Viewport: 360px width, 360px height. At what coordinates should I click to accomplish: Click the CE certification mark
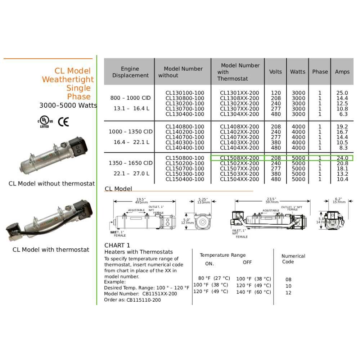[x=63, y=122]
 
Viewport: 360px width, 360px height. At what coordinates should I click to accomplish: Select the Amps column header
[x=342, y=72]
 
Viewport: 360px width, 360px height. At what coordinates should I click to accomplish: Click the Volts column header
[x=275, y=72]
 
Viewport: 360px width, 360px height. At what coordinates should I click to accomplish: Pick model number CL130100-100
[x=185, y=93]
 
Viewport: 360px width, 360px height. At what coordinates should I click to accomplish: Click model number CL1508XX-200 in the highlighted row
[x=239, y=158]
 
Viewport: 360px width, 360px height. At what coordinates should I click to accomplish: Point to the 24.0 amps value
[x=342, y=158]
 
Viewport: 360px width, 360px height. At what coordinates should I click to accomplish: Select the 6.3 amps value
[x=343, y=114]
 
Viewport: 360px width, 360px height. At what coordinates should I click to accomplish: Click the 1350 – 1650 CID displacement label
[x=131, y=163]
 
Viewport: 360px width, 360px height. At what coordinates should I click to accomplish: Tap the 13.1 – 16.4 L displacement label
[x=131, y=108]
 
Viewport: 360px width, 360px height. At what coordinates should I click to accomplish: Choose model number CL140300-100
[x=185, y=143]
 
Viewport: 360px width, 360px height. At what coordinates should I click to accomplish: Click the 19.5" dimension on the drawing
[x=141, y=199]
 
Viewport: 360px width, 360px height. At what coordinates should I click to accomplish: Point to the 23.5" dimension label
[x=271, y=199]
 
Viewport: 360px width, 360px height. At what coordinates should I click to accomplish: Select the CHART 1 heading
[x=117, y=246]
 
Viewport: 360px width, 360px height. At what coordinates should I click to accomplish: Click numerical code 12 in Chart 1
[x=288, y=293]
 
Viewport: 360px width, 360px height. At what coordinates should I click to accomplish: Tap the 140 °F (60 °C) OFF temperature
[x=253, y=292]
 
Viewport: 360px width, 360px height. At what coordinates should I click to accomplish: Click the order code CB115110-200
[x=144, y=300]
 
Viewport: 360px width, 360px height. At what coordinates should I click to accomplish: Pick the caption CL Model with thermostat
[x=51, y=249]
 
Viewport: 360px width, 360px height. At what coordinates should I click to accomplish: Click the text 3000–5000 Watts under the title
[x=68, y=105]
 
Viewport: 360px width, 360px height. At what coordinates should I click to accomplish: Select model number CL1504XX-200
[x=239, y=179]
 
